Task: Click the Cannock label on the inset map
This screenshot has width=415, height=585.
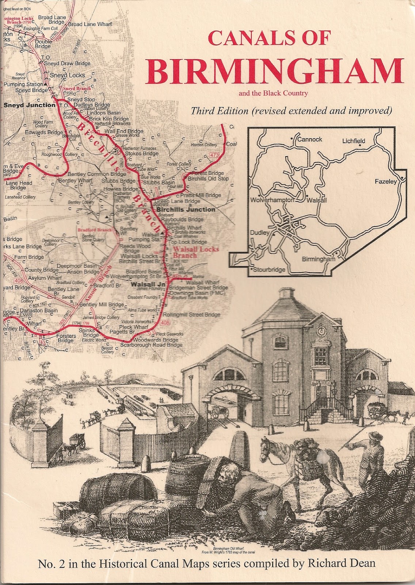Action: tap(309, 139)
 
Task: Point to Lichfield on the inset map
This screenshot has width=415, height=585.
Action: tap(353, 141)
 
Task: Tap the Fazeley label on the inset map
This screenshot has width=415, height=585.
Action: tap(385, 181)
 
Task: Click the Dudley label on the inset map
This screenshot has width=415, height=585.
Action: tap(259, 233)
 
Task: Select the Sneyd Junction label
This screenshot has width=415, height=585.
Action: tap(30, 105)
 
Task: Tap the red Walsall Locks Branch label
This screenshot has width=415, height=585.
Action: tap(195, 252)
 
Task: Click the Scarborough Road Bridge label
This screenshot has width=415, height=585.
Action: tap(151, 345)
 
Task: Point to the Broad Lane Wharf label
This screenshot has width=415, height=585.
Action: tap(90, 24)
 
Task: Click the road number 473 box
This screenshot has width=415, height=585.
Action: tap(214, 156)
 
